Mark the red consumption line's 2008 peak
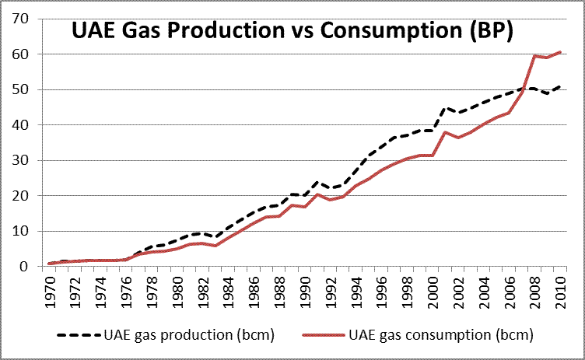534,56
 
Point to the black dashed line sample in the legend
78,335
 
